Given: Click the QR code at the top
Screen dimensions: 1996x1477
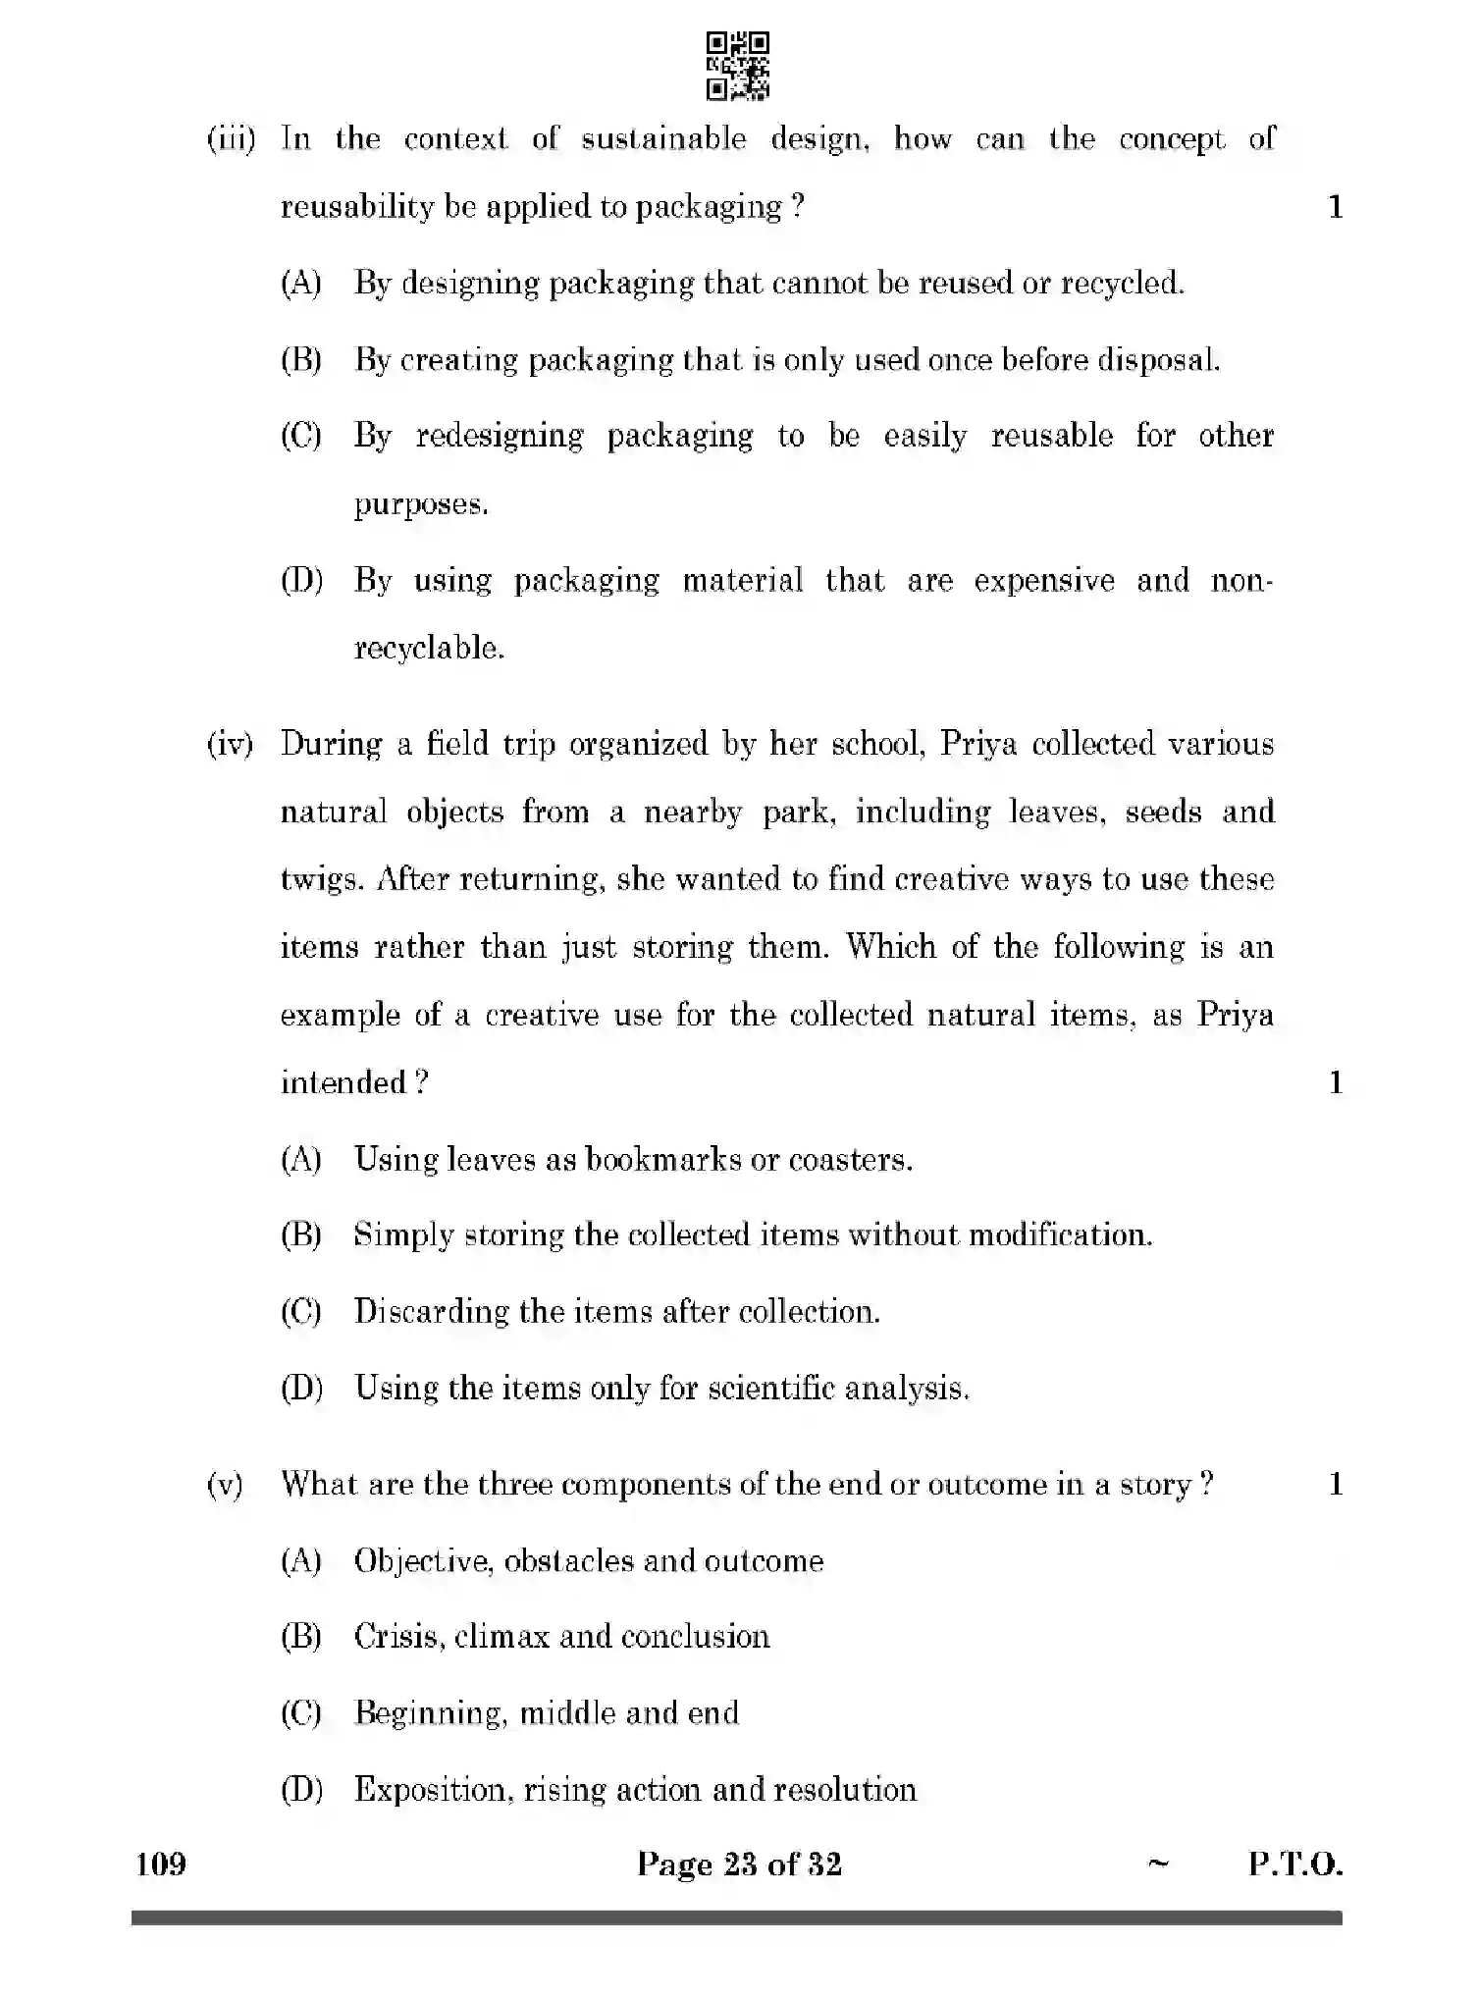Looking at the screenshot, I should tap(737, 66).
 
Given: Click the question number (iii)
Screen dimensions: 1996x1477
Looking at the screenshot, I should tap(231, 138).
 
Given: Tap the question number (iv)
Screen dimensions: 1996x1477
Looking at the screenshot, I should tap(230, 744).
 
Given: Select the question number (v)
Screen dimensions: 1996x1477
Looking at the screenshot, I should tap(225, 1484).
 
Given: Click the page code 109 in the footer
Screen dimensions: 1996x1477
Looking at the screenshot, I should tap(161, 1863).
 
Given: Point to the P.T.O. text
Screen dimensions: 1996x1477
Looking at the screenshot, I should tap(1294, 1863).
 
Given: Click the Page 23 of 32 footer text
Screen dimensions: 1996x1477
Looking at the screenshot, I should tap(738, 1863).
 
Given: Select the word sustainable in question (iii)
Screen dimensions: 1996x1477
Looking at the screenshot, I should tap(663, 138).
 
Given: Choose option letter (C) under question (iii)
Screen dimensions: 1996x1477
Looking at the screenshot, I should tap(301, 436).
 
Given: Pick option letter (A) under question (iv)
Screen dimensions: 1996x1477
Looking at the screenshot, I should tap(301, 1160).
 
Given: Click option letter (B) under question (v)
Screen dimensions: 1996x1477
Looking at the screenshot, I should tap(301, 1636).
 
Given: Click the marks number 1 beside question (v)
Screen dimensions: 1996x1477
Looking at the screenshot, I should tap(1335, 1484).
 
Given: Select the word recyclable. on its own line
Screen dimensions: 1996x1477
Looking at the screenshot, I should tap(429, 648).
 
